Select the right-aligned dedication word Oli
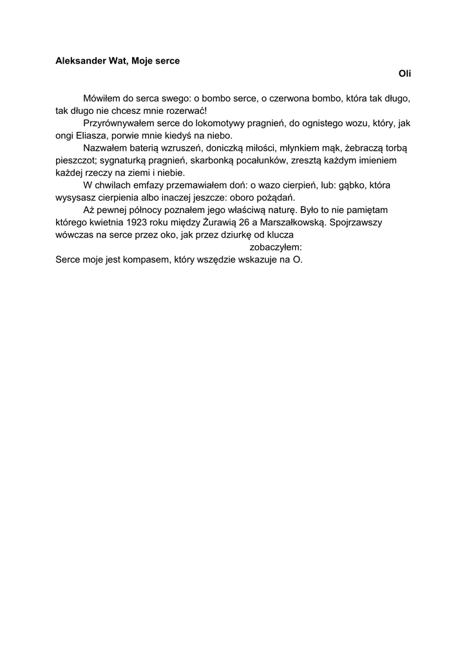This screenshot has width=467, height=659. click(405, 74)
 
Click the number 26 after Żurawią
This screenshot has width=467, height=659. click(244, 222)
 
